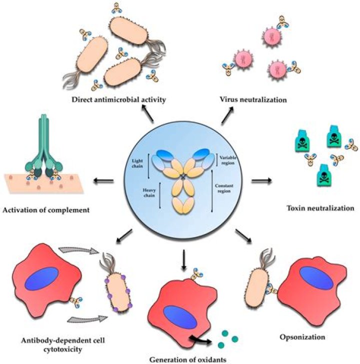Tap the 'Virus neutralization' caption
pos(254,99)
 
